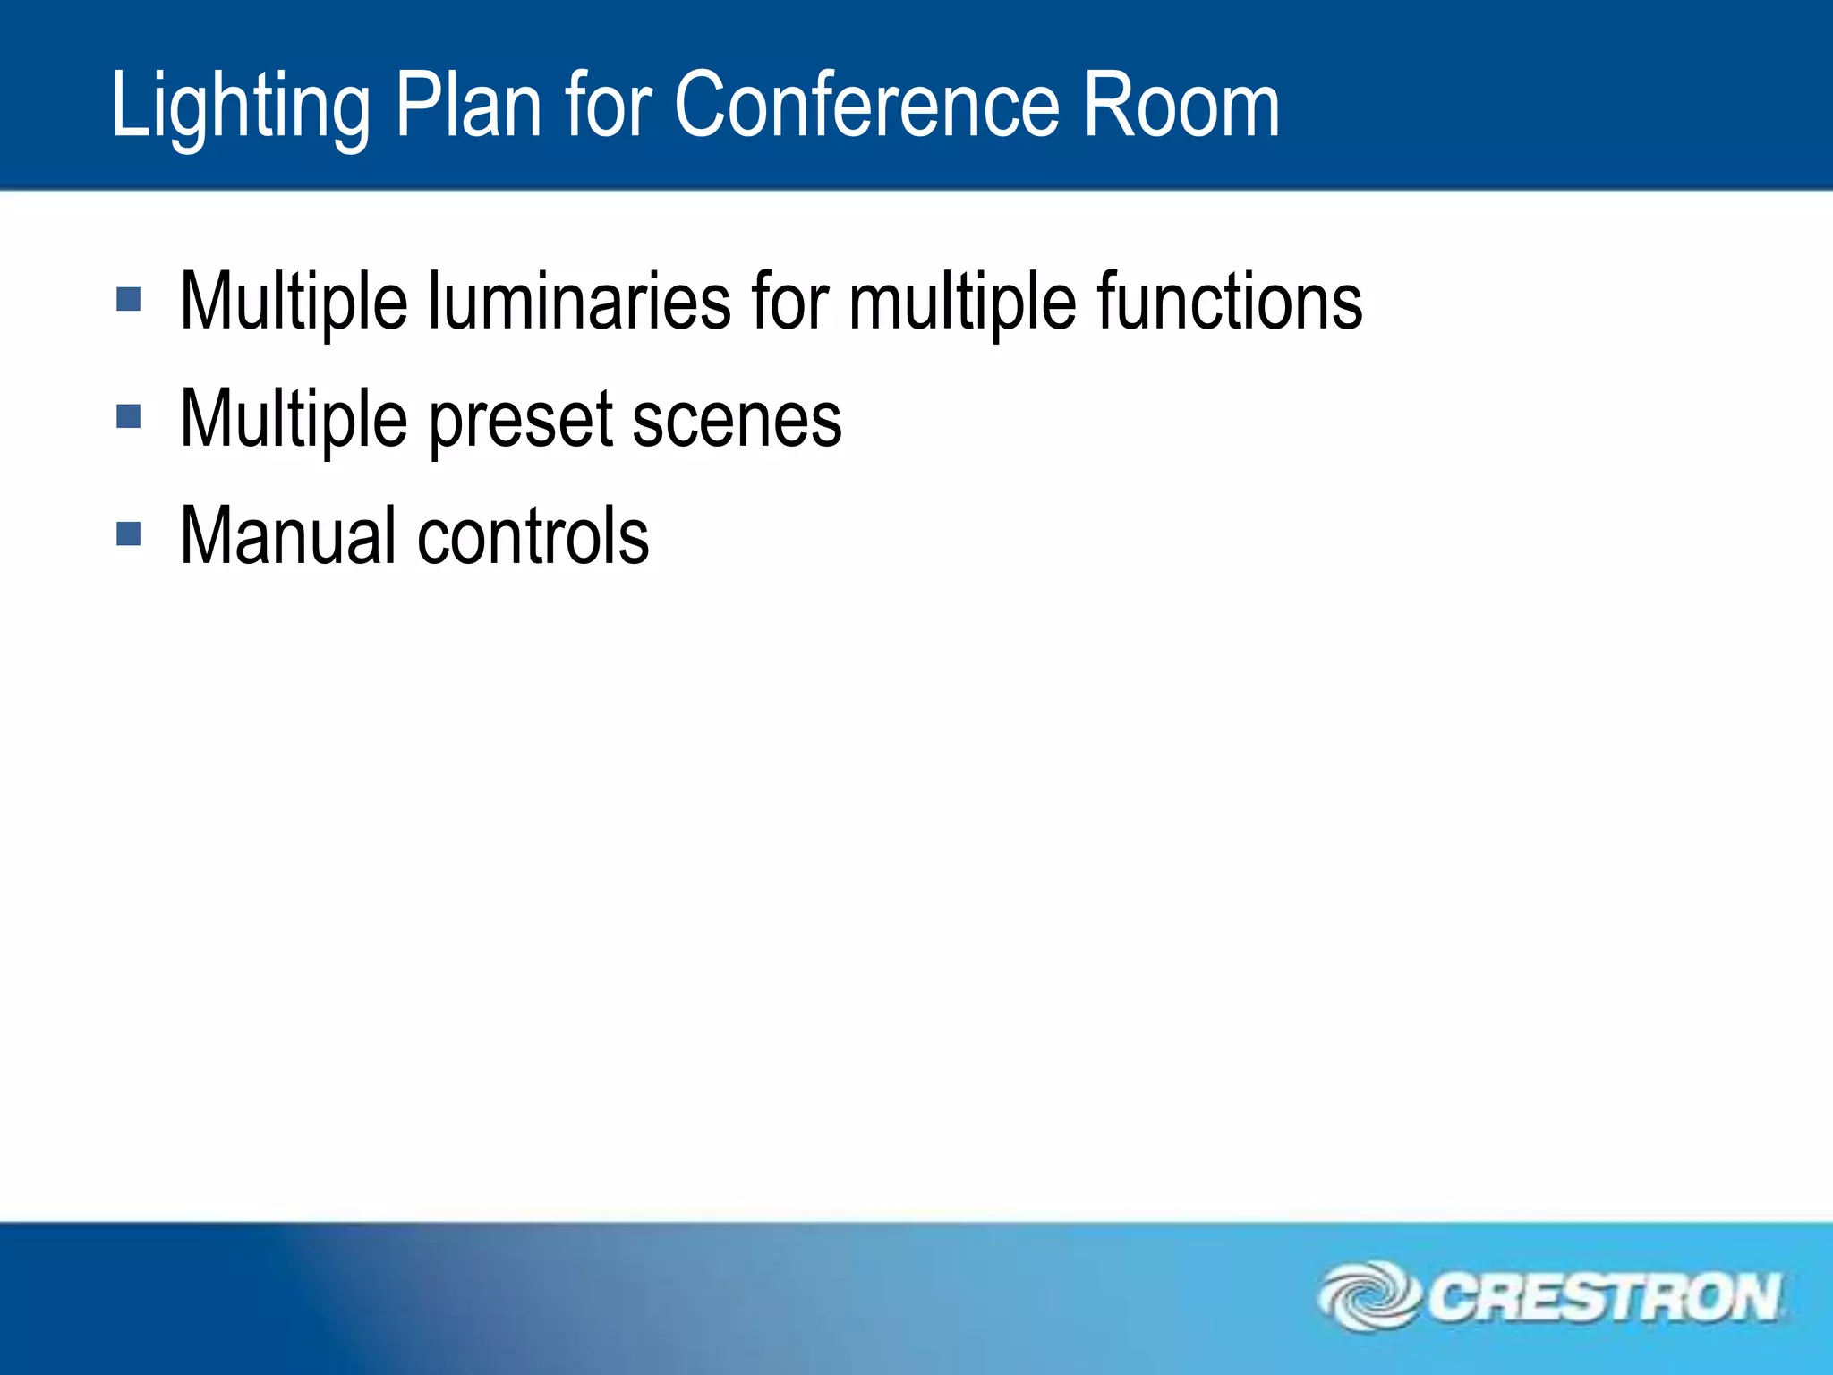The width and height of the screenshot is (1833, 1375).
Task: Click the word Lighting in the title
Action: click(240, 107)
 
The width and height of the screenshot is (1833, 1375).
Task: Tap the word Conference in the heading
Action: click(867, 106)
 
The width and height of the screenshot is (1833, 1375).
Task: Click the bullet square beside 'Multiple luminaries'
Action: click(129, 299)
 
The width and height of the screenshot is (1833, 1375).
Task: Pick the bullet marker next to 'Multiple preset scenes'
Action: click(129, 416)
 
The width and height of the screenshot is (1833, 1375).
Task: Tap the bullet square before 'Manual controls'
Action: click(129, 534)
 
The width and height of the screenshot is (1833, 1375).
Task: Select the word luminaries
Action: click(579, 301)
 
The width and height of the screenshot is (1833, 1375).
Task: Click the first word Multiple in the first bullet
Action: click(294, 303)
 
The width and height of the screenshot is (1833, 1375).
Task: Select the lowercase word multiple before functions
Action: click(962, 303)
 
